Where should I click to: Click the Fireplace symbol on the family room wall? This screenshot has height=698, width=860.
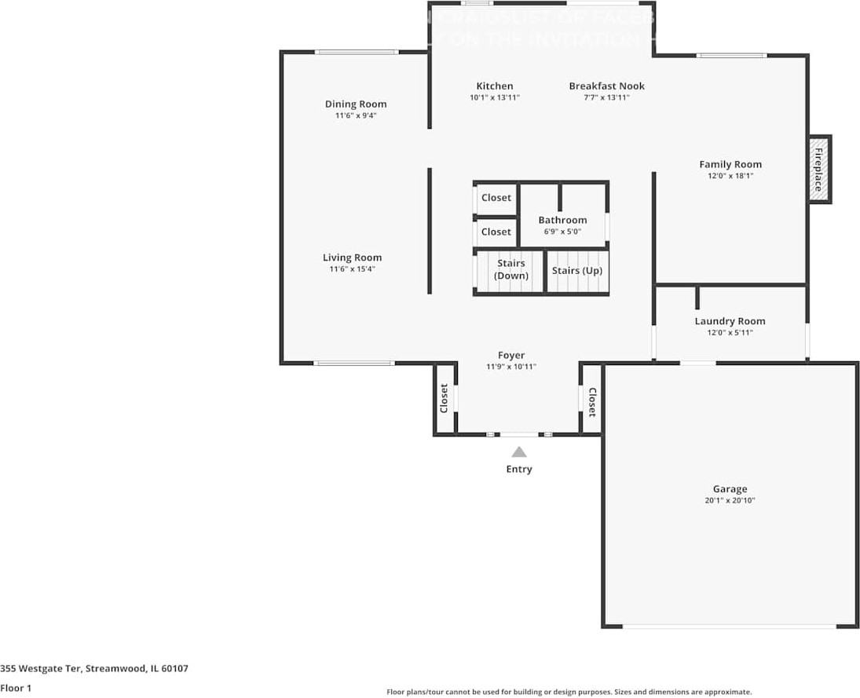[x=819, y=169]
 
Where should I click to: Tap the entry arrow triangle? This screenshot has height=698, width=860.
[x=518, y=451]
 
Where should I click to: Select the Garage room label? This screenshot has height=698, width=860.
[x=730, y=488]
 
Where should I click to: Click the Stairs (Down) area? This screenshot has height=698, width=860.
[x=511, y=269]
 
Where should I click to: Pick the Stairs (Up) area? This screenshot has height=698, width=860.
[x=577, y=271]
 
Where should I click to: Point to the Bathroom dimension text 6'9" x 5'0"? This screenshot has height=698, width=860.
[x=562, y=232]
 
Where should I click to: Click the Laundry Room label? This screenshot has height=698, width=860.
[x=730, y=321]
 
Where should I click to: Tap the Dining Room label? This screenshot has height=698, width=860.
[x=356, y=104]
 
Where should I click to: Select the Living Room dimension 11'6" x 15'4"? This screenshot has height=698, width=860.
[x=352, y=269]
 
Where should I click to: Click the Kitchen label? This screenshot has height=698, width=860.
[x=495, y=86]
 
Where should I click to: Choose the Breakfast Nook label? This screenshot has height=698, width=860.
[x=607, y=86]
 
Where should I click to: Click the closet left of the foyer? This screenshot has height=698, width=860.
[x=445, y=398]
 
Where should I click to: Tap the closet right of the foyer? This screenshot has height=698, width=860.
[x=591, y=401]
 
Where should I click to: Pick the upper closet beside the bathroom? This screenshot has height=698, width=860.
[x=496, y=198]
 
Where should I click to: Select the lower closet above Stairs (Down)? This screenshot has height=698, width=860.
[x=496, y=232]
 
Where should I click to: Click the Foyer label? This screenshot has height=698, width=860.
[x=511, y=355]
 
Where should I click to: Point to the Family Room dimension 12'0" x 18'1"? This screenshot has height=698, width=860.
[x=730, y=176]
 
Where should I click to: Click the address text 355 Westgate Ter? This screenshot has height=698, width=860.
[x=93, y=669]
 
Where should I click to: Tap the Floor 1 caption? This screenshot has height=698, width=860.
[x=16, y=688]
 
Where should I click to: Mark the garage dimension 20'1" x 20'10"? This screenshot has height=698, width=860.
[x=730, y=500]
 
